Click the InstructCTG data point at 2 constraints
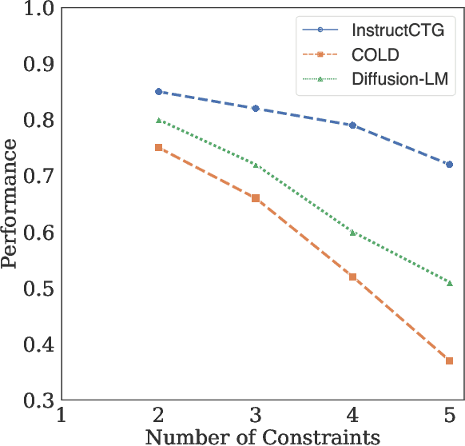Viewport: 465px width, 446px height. click(x=158, y=92)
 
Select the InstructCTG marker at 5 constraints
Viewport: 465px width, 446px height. click(x=450, y=165)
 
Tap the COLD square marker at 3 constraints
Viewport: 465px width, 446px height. click(x=256, y=198)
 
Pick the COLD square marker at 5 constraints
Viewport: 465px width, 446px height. click(x=450, y=361)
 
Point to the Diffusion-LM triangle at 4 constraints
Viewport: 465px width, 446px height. click(x=352, y=233)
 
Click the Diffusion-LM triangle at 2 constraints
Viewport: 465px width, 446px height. click(x=158, y=121)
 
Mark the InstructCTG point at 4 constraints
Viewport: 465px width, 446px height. click(x=352, y=125)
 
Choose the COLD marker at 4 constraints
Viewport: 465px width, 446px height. click(x=352, y=277)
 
